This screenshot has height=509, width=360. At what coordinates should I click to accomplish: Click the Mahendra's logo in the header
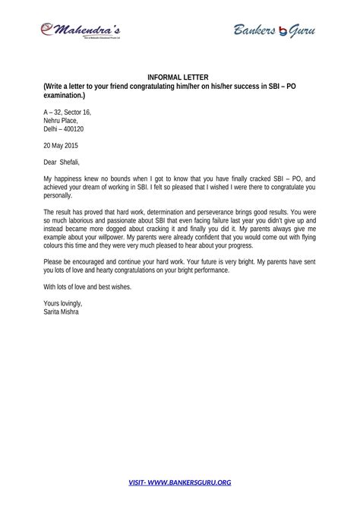82,30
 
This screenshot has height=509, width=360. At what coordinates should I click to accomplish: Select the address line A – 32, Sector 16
67,112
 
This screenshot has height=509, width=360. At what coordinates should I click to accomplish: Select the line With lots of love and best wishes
88,286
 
